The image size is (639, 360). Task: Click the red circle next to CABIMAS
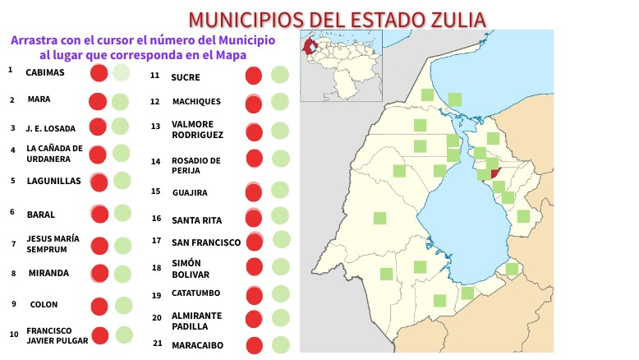tap(99, 72)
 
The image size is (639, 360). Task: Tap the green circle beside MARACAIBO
tap(279, 346)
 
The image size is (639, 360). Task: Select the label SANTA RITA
tap(197, 219)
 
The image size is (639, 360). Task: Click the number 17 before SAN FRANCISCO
tap(156, 241)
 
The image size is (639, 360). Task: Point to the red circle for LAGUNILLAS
tap(99, 182)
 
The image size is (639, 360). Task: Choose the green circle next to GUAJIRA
tap(279, 192)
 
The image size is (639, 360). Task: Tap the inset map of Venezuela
tap(329, 65)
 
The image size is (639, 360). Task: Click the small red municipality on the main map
tap(494, 173)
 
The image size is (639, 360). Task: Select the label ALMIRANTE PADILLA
tap(196, 321)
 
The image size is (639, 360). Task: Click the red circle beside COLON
tap(99, 307)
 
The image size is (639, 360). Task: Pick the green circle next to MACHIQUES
tap(279, 102)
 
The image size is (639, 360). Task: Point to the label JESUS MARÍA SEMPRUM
tap(53, 243)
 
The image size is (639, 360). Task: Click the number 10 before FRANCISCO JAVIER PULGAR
tap(14, 335)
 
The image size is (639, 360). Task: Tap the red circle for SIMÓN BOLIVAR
tap(255, 266)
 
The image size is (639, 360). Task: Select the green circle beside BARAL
tap(122, 213)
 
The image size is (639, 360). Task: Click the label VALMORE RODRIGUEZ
tap(198, 130)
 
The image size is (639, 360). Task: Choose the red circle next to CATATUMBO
tap(255, 295)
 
